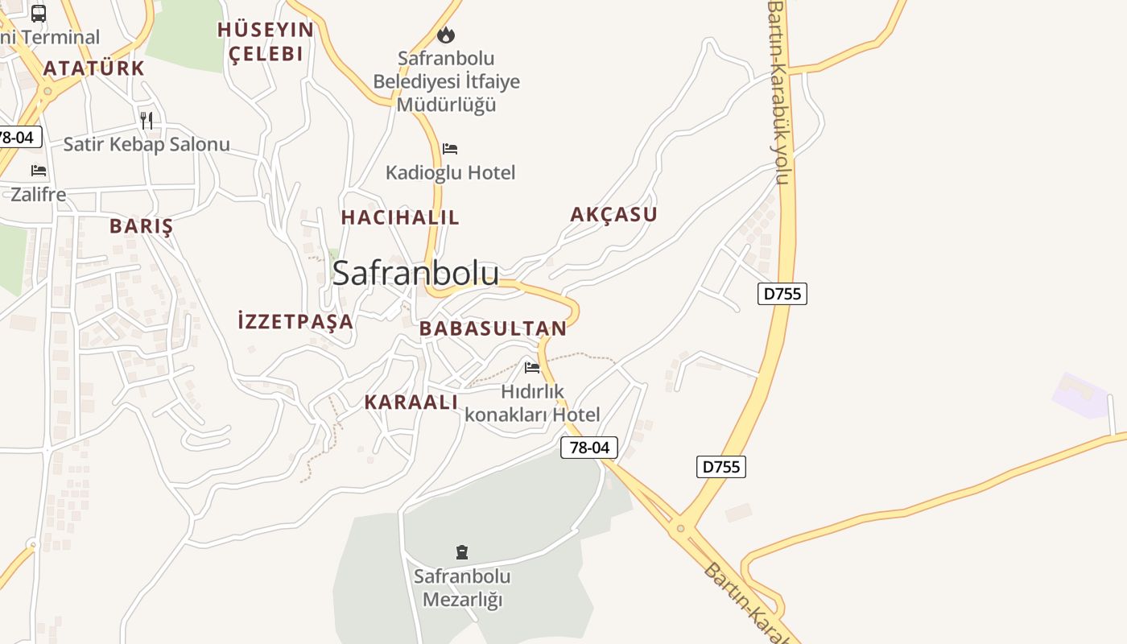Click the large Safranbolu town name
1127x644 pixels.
click(x=415, y=274)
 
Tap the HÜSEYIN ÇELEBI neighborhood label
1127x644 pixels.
click(x=266, y=42)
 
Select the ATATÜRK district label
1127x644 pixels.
click(x=94, y=68)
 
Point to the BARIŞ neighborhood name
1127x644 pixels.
click(x=142, y=226)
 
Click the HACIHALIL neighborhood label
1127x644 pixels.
click(x=400, y=217)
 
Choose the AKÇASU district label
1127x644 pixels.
click(x=613, y=214)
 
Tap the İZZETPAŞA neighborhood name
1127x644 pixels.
click(x=295, y=322)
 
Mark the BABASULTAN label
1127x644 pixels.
click(x=493, y=328)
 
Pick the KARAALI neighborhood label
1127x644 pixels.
click(x=411, y=402)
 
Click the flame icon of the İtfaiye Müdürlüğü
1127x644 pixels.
click(x=446, y=35)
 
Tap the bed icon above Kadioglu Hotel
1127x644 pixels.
click(x=450, y=149)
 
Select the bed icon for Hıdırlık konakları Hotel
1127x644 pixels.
click(x=532, y=368)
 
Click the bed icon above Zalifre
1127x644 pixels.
click(x=39, y=171)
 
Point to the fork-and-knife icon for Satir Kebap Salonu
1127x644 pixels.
click(x=147, y=121)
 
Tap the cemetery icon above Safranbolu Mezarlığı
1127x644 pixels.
click(x=462, y=552)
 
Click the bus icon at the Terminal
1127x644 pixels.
click(x=39, y=13)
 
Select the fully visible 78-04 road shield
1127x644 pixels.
click(x=589, y=448)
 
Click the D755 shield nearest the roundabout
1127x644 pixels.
click(x=720, y=467)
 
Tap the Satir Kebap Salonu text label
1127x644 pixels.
click(x=147, y=145)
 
